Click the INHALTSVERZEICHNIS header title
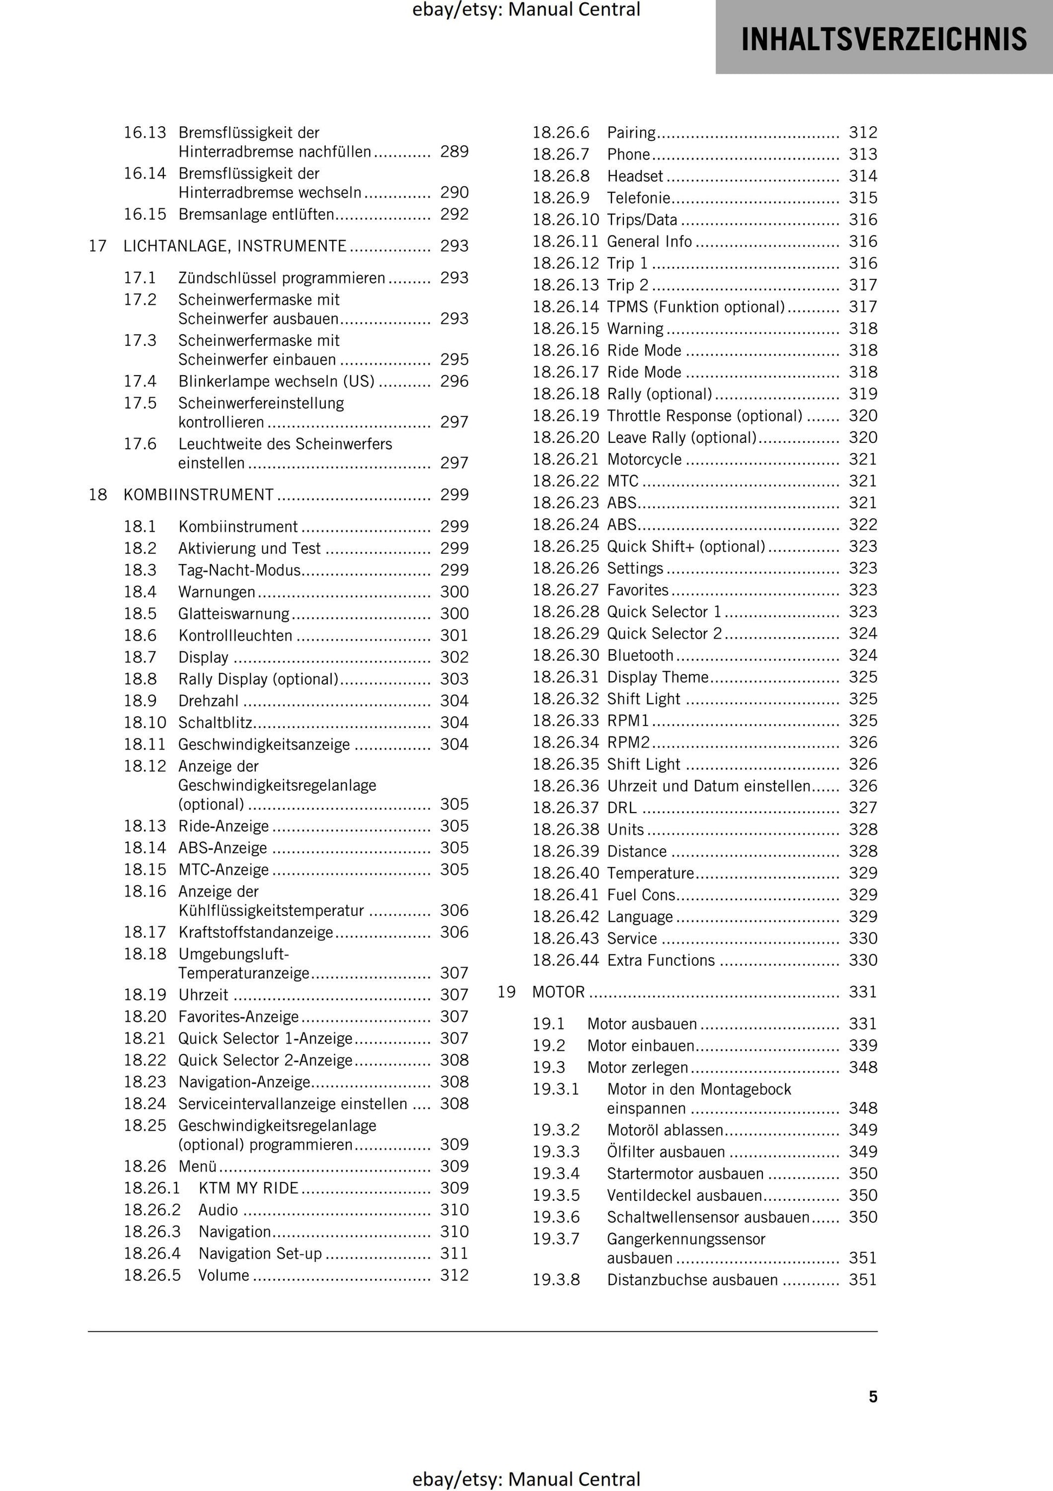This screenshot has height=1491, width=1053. tap(884, 39)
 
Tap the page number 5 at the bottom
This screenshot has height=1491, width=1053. tap(872, 1396)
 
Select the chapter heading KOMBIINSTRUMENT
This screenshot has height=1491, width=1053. tap(199, 495)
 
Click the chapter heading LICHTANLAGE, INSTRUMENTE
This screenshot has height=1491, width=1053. tap(235, 246)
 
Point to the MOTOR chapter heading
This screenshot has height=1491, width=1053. tap(558, 992)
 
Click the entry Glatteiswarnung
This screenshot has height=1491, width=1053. tap(234, 614)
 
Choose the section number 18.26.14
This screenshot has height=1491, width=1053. tap(565, 306)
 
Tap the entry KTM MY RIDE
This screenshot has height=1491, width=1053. tap(248, 1188)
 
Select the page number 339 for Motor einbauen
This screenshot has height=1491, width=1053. tap(863, 1045)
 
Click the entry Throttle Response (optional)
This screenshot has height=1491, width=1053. tap(705, 416)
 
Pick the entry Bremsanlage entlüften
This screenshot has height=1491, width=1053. tap(256, 214)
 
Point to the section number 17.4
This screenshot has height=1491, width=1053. tap(140, 381)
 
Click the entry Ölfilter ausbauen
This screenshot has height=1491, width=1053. tap(666, 1152)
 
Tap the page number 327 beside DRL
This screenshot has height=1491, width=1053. tap(863, 807)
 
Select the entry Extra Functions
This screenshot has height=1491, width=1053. tap(660, 960)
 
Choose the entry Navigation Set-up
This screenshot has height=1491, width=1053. tap(260, 1253)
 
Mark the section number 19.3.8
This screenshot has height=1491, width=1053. tap(556, 1279)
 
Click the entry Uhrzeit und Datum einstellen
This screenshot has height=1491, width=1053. tap(708, 786)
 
